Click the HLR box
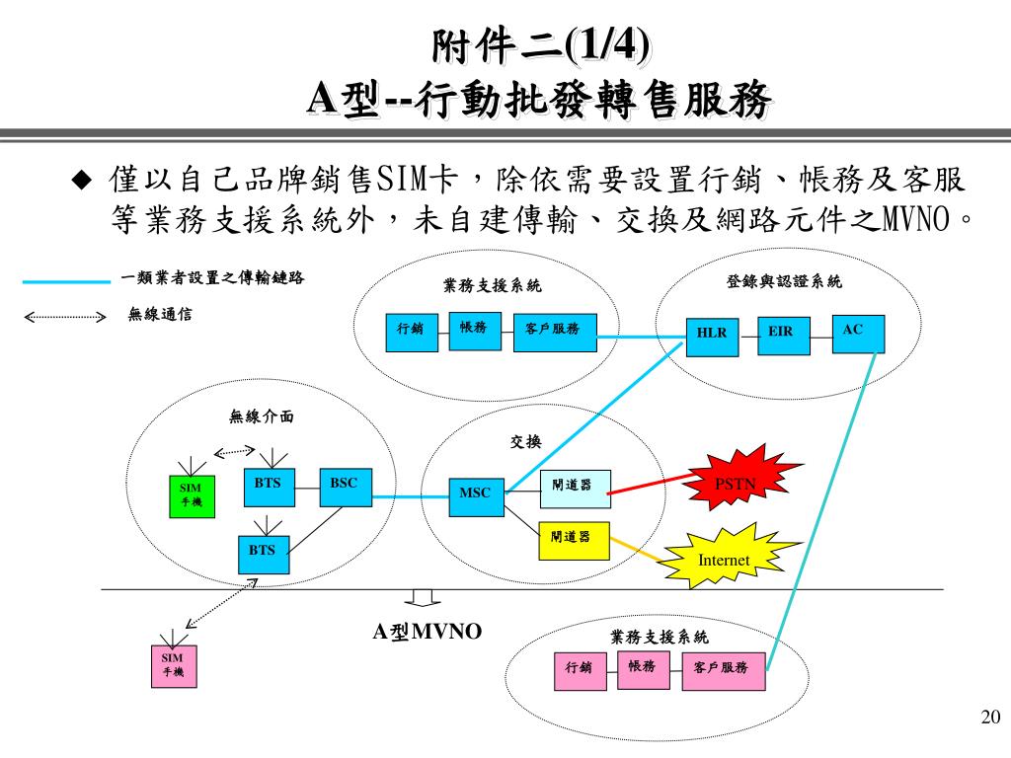pos(711,334)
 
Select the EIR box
pos(783,333)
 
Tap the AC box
pos(858,334)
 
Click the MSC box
pos(469,493)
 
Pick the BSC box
pos(345,488)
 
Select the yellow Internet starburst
pos(724,560)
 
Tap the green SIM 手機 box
pos(190,494)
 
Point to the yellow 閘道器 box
pos(573,538)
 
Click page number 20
pos(990,717)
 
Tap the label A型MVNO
pos(427,632)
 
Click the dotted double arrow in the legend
pos(64,318)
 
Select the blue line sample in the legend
pos(65,281)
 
